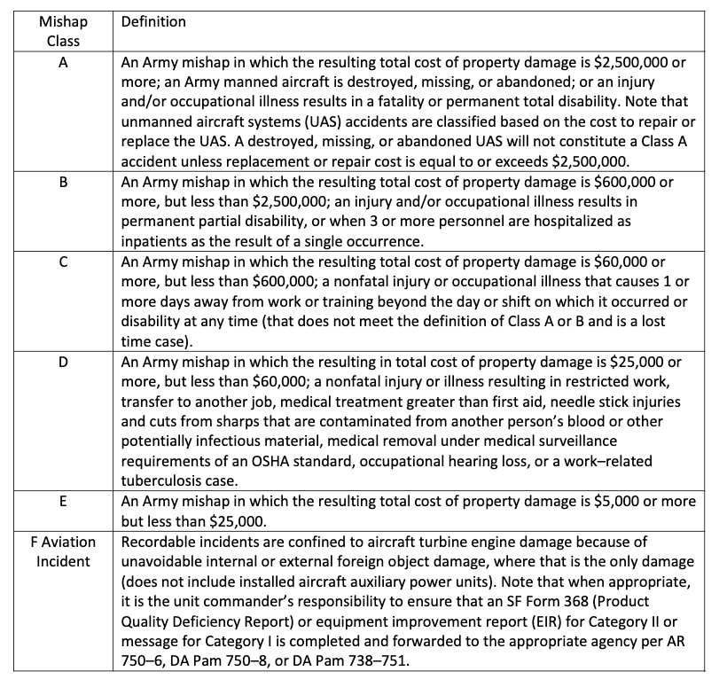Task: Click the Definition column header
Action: point(153,22)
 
